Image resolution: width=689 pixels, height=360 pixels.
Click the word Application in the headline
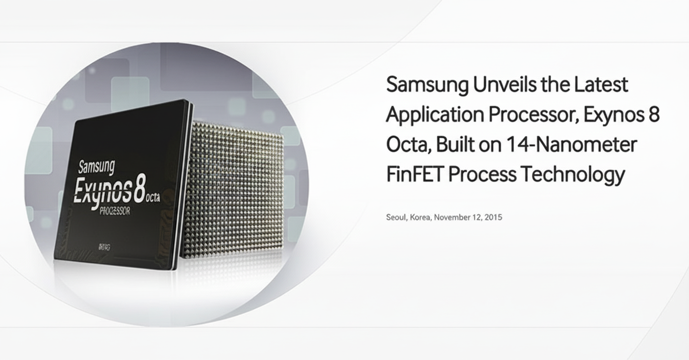[434, 115]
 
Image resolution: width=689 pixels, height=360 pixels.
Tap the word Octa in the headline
[406, 145]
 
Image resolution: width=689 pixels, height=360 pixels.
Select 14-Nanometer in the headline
[567, 145]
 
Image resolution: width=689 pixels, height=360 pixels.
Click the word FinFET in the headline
[415, 175]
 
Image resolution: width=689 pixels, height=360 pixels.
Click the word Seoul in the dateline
[396, 217]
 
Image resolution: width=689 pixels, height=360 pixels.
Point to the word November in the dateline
[455, 217]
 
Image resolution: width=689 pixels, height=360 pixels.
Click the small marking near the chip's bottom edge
[104, 247]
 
